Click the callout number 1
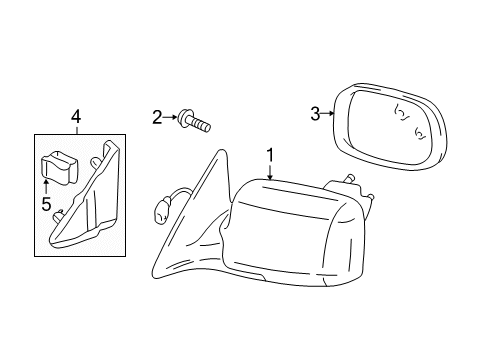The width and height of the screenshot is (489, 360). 270,155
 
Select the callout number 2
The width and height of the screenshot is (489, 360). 157,118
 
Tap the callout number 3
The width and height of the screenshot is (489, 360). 315,114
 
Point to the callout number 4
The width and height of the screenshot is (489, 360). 76,117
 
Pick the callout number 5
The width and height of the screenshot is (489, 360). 46,204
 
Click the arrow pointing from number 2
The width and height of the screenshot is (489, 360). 170,117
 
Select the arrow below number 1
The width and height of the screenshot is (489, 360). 270,172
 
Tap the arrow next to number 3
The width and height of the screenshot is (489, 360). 327,113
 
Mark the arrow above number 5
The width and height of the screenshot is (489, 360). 46,187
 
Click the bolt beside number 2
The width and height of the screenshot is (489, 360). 194,121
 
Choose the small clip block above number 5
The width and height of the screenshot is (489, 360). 59,167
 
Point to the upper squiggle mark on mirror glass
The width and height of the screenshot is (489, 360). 402,113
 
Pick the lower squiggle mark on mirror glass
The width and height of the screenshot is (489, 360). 420,133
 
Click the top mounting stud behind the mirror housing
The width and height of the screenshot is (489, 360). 351,178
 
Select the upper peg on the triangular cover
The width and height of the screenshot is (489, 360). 96,162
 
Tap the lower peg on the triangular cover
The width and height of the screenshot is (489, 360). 58,214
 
